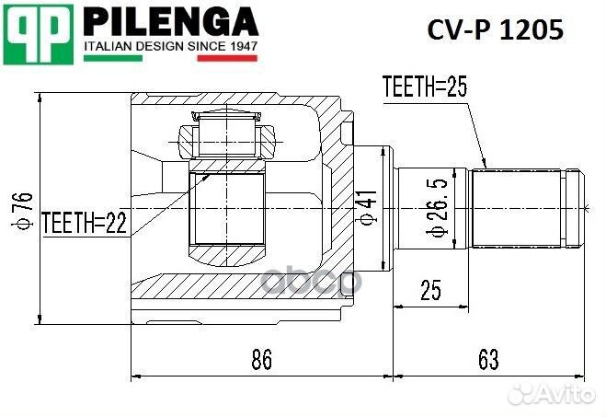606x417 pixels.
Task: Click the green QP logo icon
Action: pyautogui.click(x=40, y=33)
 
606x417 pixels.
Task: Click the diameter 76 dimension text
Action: pyautogui.click(x=24, y=211)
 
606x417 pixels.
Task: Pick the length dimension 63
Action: pyautogui.click(x=488, y=360)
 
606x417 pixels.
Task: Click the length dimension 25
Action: pyautogui.click(x=429, y=290)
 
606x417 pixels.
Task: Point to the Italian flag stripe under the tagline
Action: pyautogui.click(x=170, y=58)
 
